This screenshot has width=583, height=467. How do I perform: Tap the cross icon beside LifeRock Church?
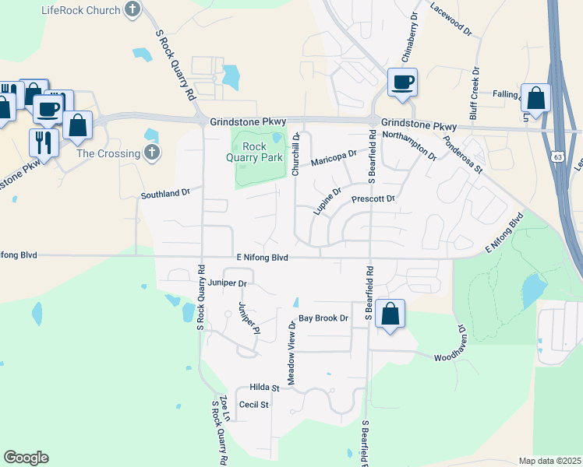click(x=132, y=10)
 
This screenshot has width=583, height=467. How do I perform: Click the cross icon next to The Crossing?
click(x=152, y=153)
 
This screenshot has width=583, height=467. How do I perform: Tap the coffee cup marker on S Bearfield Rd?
click(x=402, y=82)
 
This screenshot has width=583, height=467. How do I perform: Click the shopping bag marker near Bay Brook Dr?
click(x=390, y=314)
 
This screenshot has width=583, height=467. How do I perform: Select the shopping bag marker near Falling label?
click(x=535, y=98)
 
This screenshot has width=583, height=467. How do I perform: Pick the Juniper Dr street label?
click(x=227, y=283)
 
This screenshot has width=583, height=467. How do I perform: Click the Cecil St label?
click(x=253, y=405)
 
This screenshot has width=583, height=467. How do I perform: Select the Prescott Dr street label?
click(x=374, y=199)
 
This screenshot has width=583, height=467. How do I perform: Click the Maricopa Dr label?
click(x=333, y=158)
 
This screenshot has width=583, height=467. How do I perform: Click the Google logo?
click(x=26, y=458)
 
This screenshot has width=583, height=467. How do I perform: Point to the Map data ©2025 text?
click(x=549, y=461)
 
